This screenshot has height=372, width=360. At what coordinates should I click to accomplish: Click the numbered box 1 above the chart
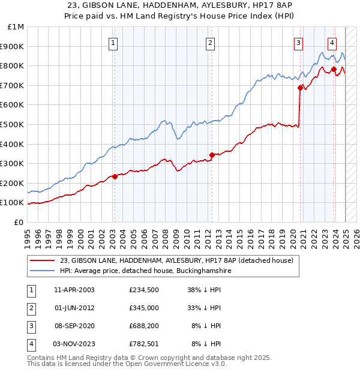[114, 42]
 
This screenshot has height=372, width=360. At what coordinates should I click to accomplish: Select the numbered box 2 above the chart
[211, 42]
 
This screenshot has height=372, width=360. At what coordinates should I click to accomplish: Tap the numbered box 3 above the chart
[298, 42]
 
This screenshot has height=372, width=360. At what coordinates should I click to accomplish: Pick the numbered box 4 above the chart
[332, 42]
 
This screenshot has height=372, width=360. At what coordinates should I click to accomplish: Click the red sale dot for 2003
[115, 176]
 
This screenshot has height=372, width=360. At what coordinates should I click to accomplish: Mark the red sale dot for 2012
[211, 155]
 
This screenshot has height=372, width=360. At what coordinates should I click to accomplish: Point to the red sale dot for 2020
[300, 88]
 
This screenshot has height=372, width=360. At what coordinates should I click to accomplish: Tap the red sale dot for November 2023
[334, 70]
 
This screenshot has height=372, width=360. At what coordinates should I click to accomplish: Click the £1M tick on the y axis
[16, 27]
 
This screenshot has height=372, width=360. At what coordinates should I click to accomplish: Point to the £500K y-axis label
[14, 124]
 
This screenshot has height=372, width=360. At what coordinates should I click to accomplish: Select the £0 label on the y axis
[19, 222]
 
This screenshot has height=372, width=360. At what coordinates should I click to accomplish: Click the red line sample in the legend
[42, 261]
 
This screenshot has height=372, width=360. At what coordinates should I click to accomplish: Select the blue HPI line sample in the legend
[42, 271]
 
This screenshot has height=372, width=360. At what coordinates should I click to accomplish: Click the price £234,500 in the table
[144, 290]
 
